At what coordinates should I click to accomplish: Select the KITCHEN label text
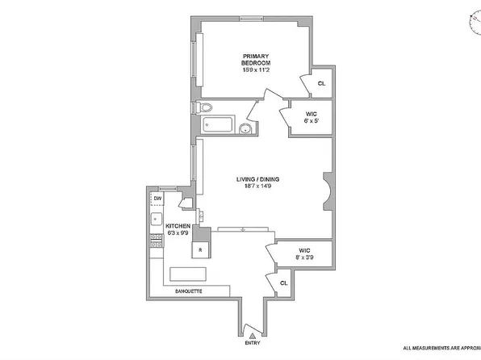[x=178, y=227]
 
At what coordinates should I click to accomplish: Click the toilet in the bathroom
[x=205, y=107]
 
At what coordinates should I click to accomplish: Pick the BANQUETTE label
[x=190, y=291]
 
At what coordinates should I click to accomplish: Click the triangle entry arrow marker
[x=252, y=335]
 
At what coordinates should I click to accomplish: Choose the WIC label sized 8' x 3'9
[x=303, y=255]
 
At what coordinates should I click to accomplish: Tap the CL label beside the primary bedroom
[x=321, y=83]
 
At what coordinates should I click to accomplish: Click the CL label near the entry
[x=283, y=283]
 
